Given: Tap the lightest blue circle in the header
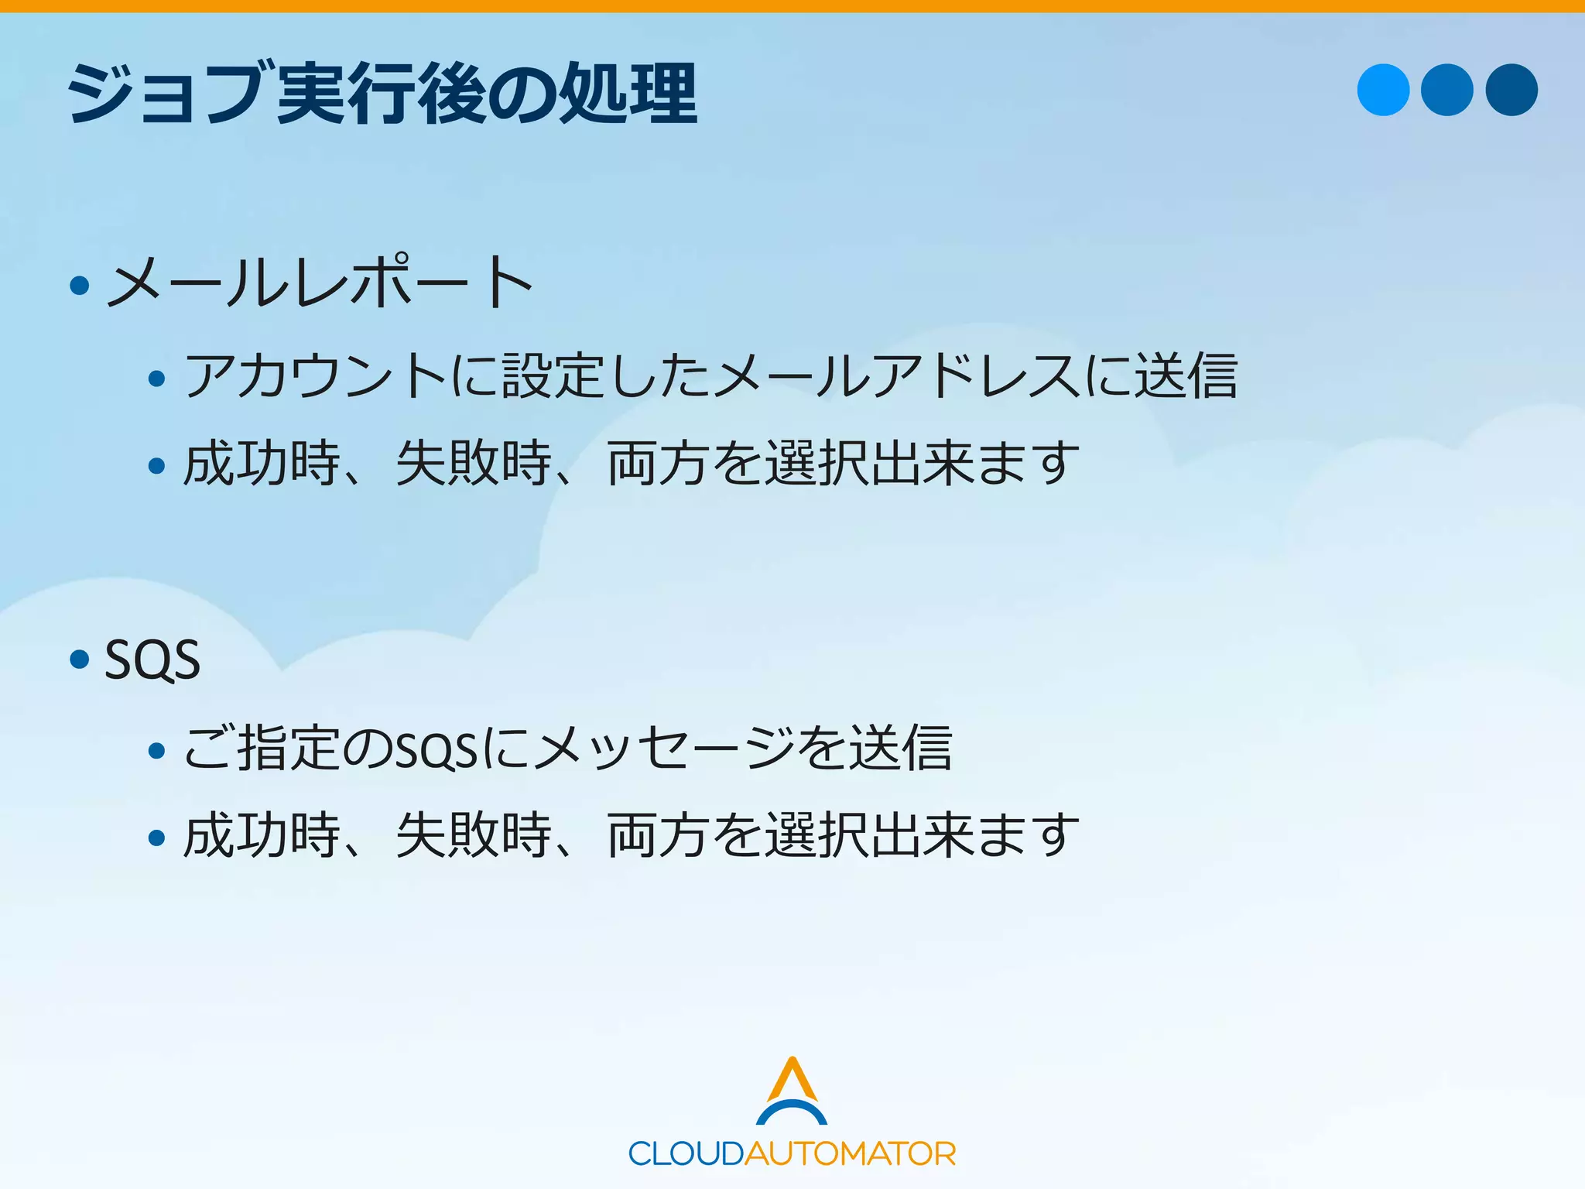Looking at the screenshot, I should click(1383, 90).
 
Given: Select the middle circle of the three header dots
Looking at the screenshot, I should click(1447, 90).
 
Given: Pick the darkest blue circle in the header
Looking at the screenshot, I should click(1511, 90).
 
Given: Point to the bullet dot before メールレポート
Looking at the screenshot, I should click(80, 286).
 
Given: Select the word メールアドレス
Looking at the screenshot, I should click(898, 375).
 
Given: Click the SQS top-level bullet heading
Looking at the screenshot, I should click(152, 660).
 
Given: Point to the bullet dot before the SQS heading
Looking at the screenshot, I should click(80, 660).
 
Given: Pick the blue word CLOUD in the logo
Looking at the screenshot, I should click(686, 1154).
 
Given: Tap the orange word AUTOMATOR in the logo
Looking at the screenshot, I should click(850, 1154).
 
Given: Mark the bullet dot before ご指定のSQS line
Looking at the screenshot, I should click(157, 750).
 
